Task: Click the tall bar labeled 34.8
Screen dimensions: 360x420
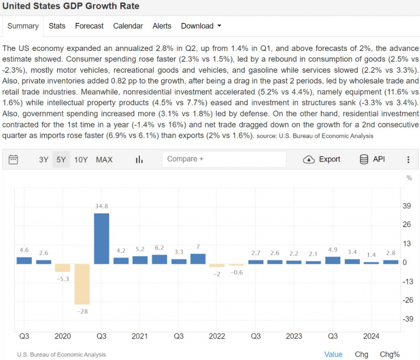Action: click(101, 238)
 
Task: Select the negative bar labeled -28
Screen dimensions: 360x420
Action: click(82, 284)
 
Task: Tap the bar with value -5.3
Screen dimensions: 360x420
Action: click(63, 268)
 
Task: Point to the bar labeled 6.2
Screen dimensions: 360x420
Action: click(159, 259)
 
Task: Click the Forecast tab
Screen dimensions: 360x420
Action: click(89, 26)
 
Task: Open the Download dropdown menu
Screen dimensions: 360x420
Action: click(201, 26)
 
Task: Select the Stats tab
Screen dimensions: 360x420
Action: click(57, 26)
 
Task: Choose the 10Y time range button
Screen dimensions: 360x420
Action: click(81, 160)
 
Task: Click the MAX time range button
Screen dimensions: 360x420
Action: click(104, 160)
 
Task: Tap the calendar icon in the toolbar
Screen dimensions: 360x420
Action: click(14, 159)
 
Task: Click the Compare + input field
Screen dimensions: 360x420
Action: click(224, 159)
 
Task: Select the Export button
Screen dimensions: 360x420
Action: click(322, 159)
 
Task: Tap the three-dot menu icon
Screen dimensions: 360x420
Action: click(408, 160)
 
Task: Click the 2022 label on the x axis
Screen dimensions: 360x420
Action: click(217, 337)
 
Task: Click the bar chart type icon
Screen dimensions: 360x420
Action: click(139, 160)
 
